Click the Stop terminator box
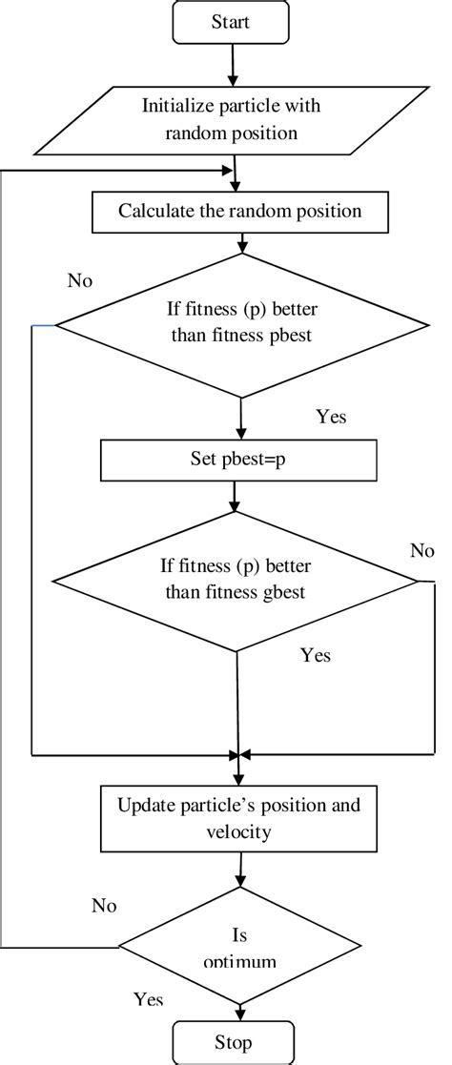coord(233,1043)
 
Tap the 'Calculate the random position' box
coord(239,212)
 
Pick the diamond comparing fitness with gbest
coord(236,581)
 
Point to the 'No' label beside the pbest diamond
coord(81,281)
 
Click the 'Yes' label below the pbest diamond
coord(330,417)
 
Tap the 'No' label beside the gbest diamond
coord(421,550)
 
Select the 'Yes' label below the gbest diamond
coord(316,655)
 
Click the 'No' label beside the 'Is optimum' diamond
coord(104,906)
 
